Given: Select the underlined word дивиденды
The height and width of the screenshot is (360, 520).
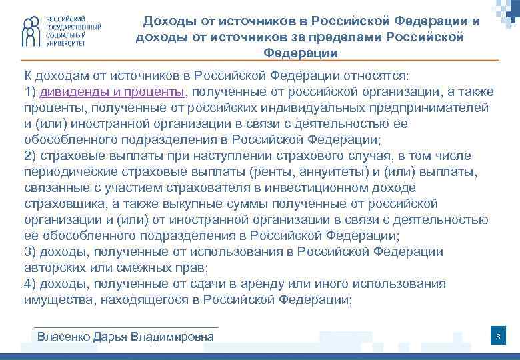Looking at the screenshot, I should coord(71,92).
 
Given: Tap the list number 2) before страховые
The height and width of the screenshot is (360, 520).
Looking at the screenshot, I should coord(30,156).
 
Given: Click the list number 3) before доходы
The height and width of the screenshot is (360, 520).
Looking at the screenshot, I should coord(30,252).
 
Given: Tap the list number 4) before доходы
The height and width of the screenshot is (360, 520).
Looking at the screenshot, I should coord(30,284).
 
